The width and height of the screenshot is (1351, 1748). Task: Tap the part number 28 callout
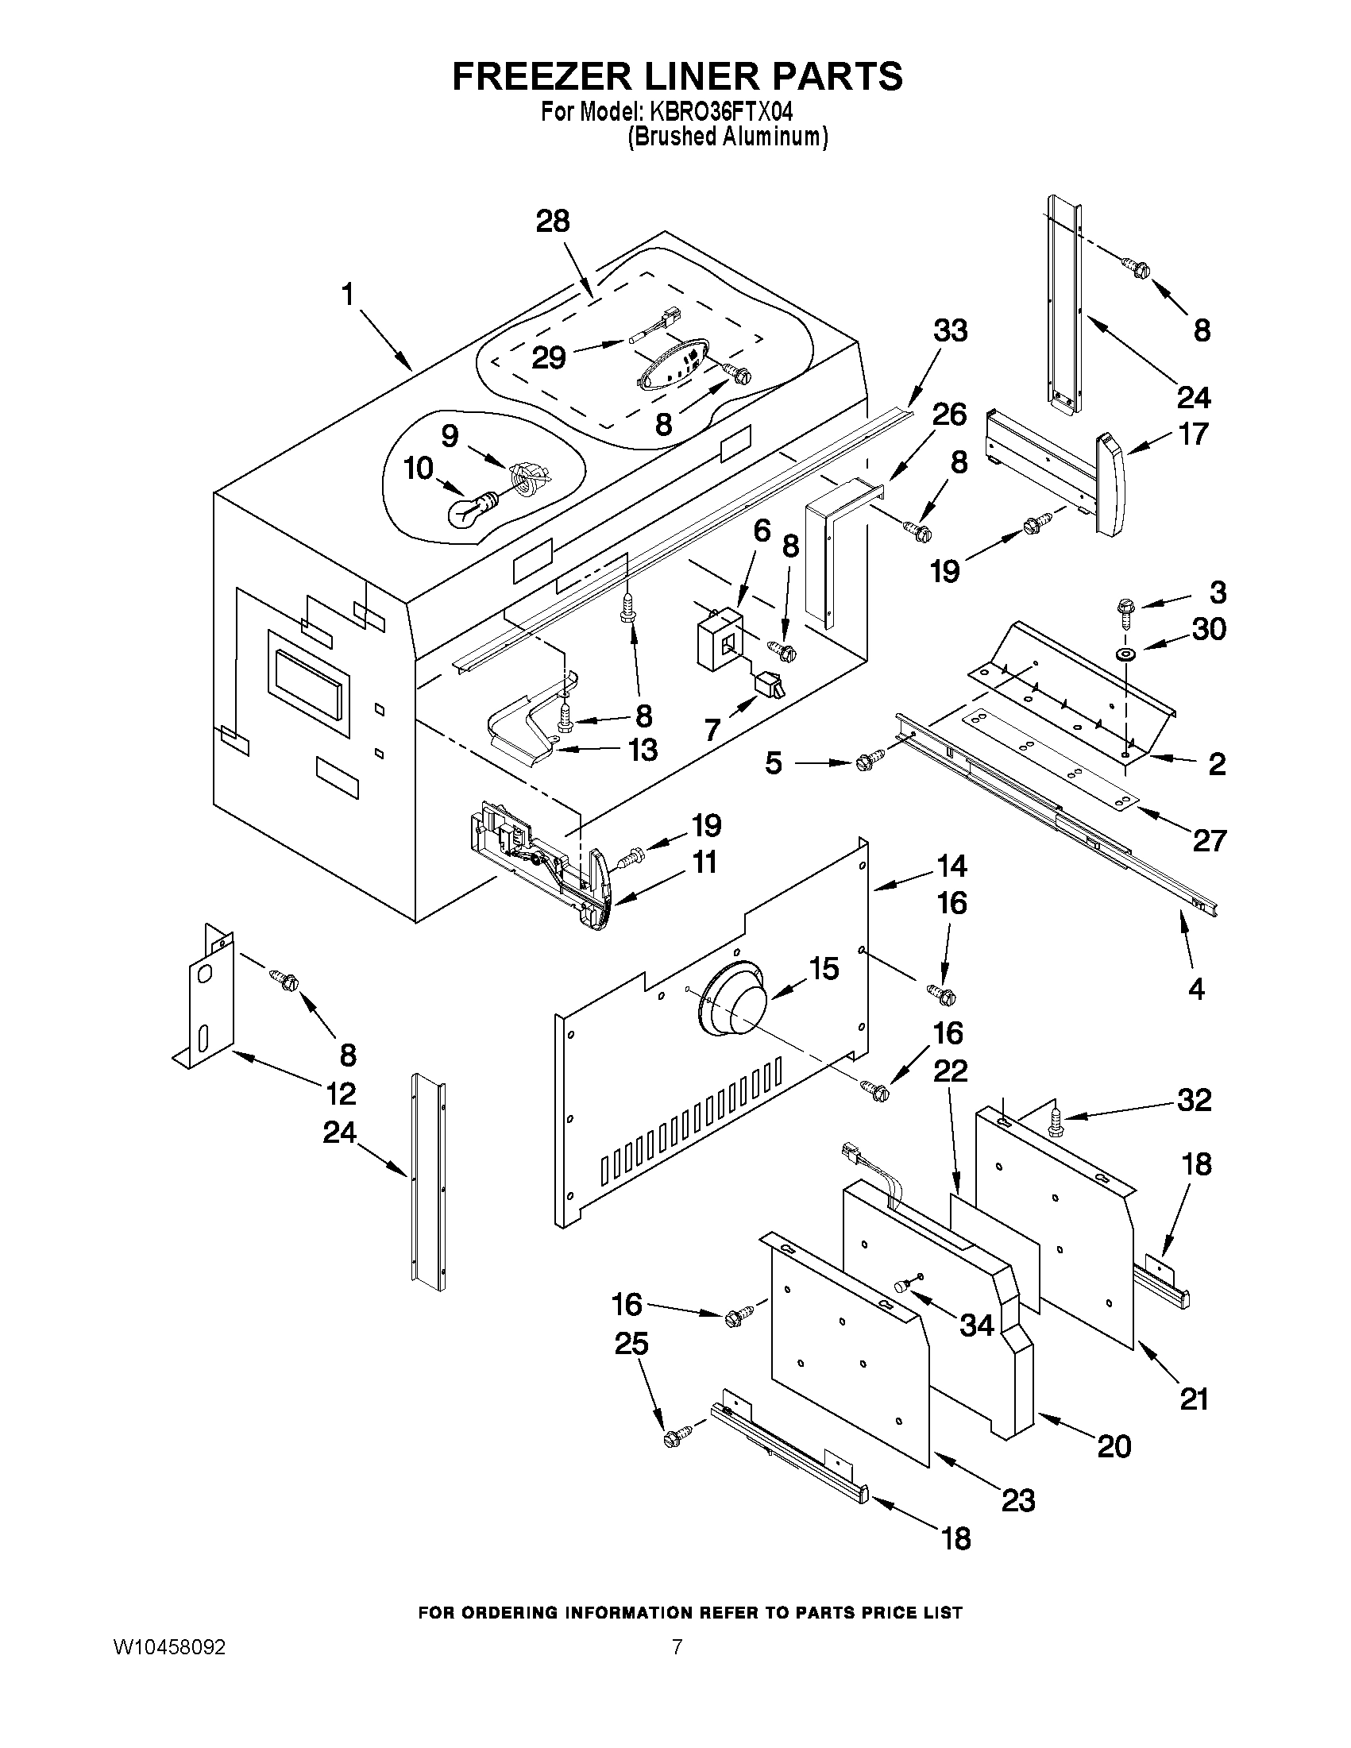[552, 221]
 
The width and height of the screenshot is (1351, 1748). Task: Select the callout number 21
[1193, 1399]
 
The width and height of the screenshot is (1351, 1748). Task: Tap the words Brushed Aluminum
[726, 137]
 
